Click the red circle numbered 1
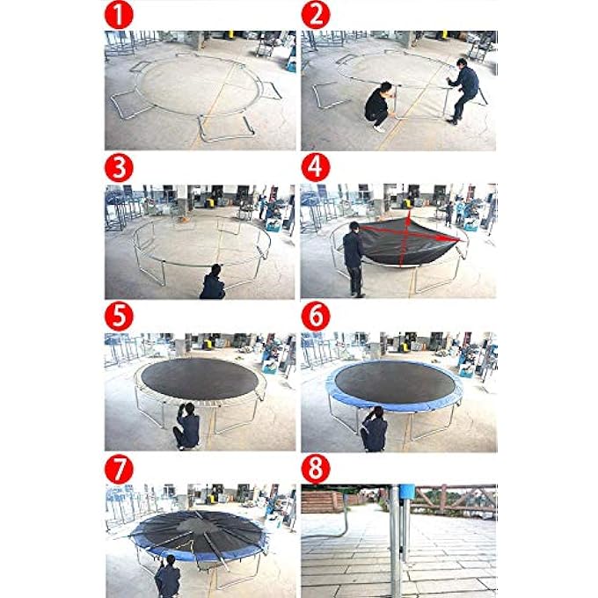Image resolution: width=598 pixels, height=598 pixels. coord(119,15)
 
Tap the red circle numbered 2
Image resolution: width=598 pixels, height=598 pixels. coord(314,15)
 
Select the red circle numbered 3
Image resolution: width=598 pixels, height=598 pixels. coord(119,167)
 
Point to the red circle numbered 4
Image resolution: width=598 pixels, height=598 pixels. coord(314,167)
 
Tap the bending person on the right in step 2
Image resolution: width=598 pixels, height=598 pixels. coord(463,88)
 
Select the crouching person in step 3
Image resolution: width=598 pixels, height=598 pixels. coord(212,283)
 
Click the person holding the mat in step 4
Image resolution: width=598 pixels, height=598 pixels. coord(354,255)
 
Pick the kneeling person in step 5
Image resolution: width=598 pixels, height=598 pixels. coord(186,427)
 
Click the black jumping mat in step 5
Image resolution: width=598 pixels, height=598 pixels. coord(200,376)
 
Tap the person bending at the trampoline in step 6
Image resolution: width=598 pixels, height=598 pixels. coord(373,430)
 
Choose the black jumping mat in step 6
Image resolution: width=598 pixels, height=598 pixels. coord(395,379)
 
